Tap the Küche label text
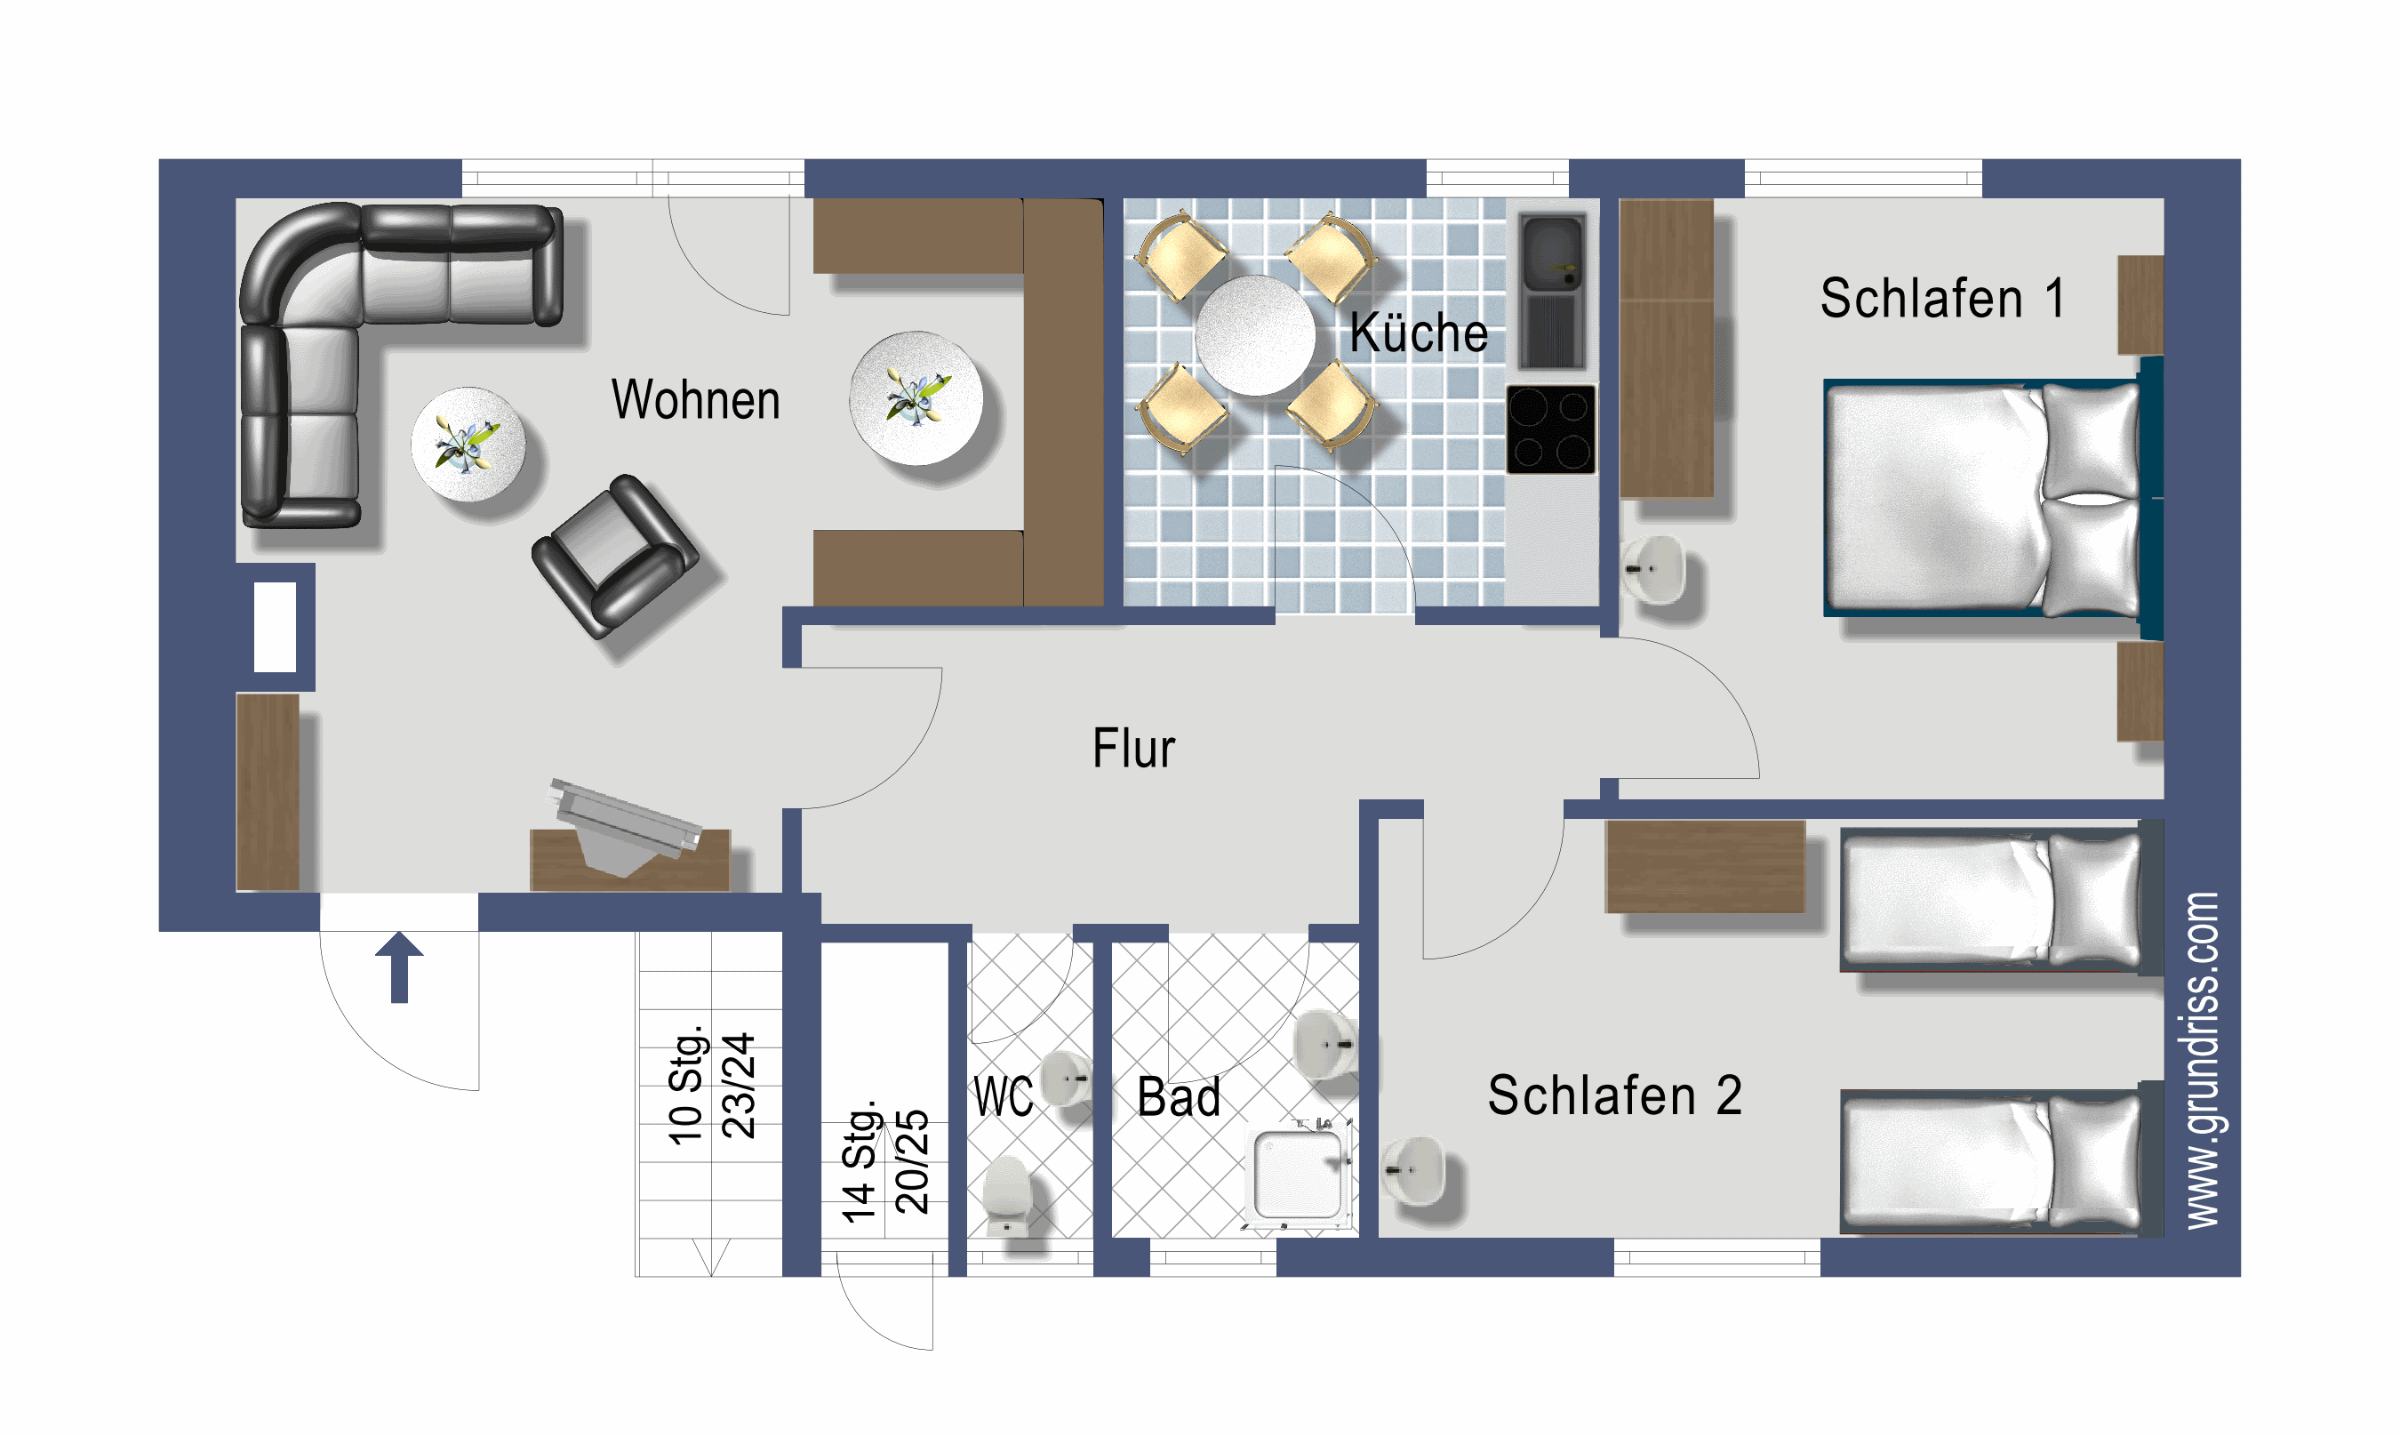coord(1417,333)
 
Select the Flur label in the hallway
coord(1132,748)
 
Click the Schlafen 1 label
coord(1941,298)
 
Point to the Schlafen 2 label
coord(1613,1095)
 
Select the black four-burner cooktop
coord(1549,429)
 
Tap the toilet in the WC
coord(1007,1196)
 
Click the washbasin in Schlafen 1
coord(1655,569)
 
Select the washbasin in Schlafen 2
coord(1413,1170)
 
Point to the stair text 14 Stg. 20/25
coord(884,1161)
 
